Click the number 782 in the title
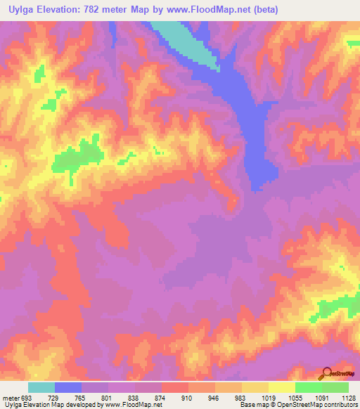(x=98, y=10)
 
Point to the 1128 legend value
(x=347, y=397)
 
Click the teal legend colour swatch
(x=41, y=387)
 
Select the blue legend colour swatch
(x=68, y=387)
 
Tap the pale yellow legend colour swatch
(x=282, y=387)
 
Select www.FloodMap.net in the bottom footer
(x=133, y=405)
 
